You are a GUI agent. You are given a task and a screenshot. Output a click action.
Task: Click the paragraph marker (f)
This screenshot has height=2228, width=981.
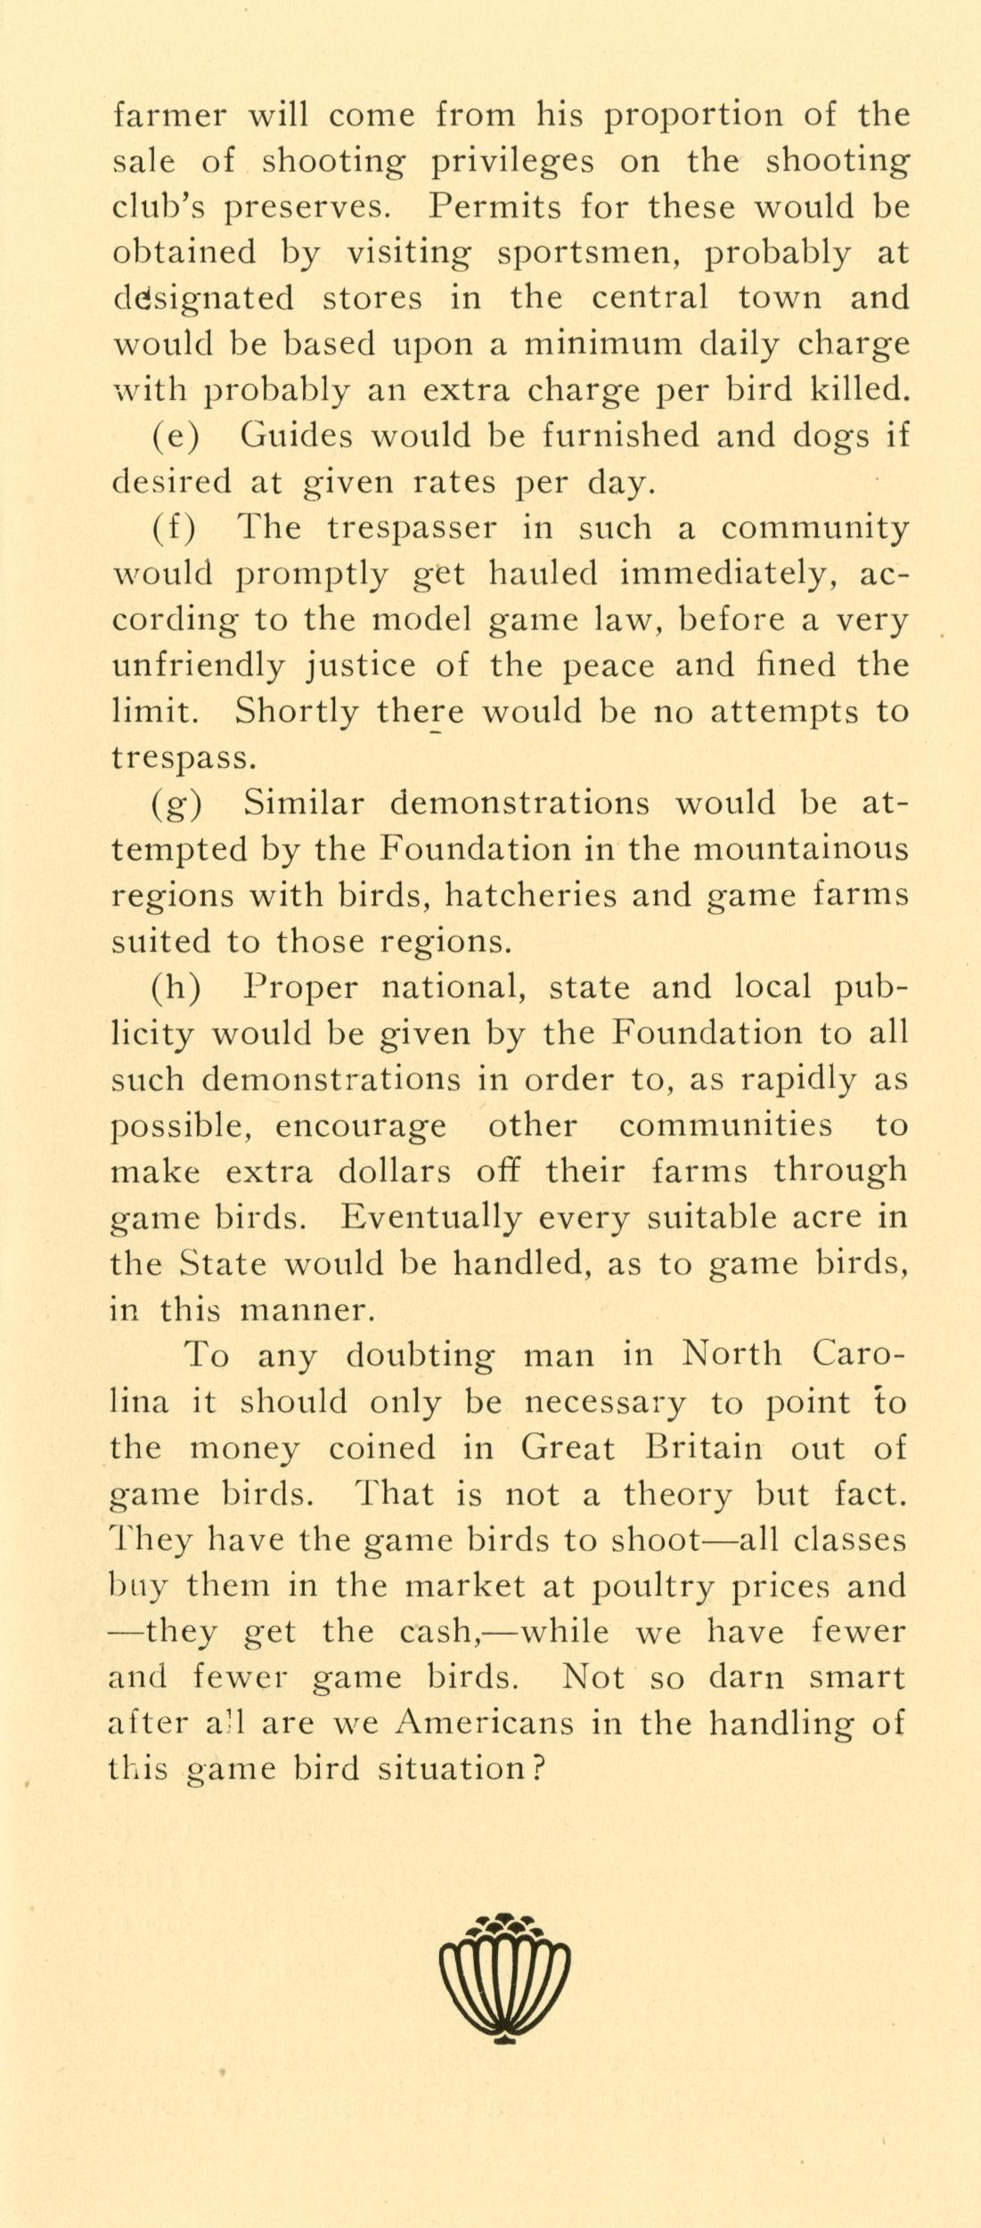point(172,528)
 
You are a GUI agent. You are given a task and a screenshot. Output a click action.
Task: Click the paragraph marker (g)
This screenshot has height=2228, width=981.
point(176,804)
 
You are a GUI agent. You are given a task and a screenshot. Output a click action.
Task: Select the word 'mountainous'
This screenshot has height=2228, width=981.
point(801,849)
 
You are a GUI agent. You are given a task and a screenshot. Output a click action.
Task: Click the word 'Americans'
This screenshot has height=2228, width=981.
point(485,1723)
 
